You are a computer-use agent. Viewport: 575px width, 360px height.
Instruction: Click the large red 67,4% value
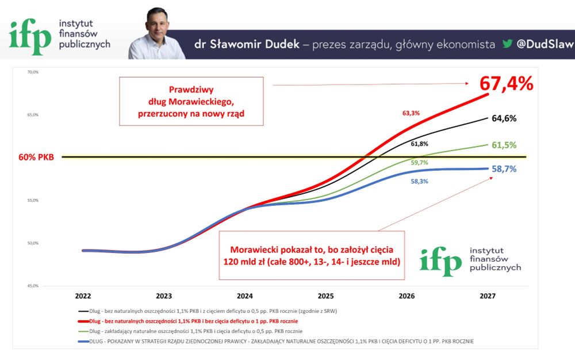507,83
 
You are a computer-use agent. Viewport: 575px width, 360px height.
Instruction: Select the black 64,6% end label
504,118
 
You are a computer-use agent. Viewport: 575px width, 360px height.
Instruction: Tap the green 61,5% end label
504,145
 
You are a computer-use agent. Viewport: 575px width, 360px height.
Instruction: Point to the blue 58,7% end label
504,169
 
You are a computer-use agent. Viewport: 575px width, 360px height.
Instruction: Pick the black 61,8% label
419,144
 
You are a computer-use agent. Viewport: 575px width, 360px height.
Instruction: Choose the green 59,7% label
419,163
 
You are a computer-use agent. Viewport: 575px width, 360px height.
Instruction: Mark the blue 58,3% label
419,181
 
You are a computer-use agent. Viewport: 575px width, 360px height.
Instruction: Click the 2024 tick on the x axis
244,296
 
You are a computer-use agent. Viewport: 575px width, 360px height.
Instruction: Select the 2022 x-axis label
83,296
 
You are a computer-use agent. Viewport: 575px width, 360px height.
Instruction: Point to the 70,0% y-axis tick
33,72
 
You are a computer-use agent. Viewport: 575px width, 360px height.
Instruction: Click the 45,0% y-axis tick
33,286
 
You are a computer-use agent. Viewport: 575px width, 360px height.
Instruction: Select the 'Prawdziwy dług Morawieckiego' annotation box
191,102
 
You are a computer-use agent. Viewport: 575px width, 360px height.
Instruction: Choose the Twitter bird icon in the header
507,44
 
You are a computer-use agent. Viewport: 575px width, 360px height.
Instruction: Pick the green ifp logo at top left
30,36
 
